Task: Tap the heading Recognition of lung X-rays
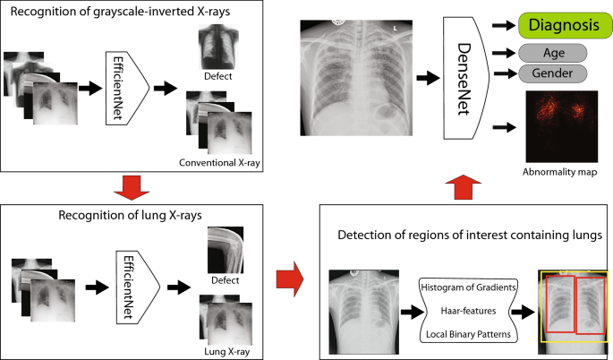point(130,216)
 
